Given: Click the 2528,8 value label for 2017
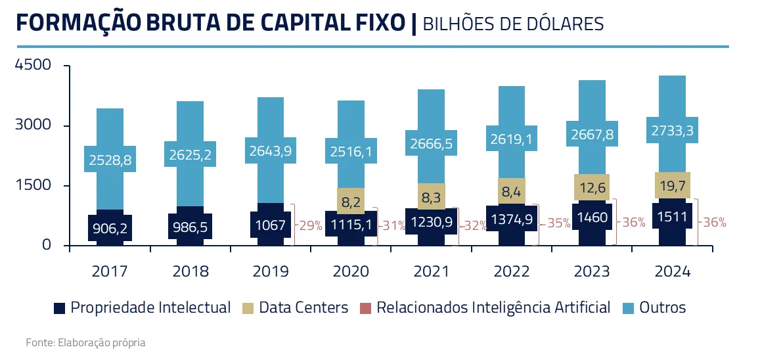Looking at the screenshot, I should pyautogui.click(x=110, y=159).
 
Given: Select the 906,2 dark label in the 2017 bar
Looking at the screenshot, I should pyautogui.click(x=110, y=228).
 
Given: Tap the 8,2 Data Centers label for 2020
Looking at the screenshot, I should pyautogui.click(x=350, y=200).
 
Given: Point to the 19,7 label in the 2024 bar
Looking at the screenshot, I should pyautogui.click(x=673, y=185).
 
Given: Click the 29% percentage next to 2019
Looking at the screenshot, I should pyautogui.click(x=310, y=225).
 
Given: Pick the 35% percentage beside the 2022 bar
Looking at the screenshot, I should pyautogui.click(x=558, y=223).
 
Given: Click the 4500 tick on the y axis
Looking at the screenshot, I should pyautogui.click(x=33, y=66).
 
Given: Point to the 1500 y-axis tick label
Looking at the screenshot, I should pyautogui.click(x=33, y=186).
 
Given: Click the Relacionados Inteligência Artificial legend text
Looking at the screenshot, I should pyautogui.click(x=493, y=307).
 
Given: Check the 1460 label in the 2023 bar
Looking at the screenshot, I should pyautogui.click(x=592, y=217).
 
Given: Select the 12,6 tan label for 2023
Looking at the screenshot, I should pyautogui.click(x=592, y=187).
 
